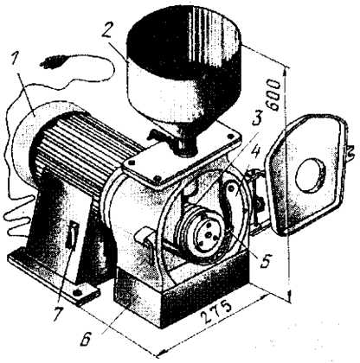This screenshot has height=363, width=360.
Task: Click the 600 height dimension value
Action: point(273,96)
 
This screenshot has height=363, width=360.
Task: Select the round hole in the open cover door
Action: point(311,175)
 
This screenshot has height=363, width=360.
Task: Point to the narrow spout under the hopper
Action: point(184,147)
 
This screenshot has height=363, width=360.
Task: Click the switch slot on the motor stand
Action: point(73,234)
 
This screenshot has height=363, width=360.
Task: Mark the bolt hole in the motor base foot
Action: point(77,293)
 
